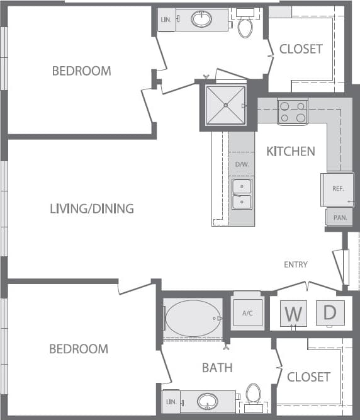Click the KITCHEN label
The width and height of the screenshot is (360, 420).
pyautogui.click(x=290, y=151)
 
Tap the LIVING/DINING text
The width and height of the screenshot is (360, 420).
pyautogui.click(x=92, y=208)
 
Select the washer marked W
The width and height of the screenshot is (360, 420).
pyautogui.click(x=293, y=313)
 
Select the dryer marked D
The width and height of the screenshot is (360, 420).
pyautogui.click(x=330, y=312)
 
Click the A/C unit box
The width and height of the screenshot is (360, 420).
pyautogui.click(x=247, y=312)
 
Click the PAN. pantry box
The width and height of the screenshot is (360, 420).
pyautogui.click(x=339, y=217)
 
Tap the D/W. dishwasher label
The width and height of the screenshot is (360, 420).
pyautogui.click(x=242, y=165)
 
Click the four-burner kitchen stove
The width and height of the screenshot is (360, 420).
pyautogui.click(x=292, y=111)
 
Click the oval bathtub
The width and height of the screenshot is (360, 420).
pyautogui.click(x=193, y=317)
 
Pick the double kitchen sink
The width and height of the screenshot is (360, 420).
pyautogui.click(x=242, y=194)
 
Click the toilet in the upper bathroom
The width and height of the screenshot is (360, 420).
pyautogui.click(x=245, y=26)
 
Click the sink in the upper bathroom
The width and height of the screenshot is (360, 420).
pyautogui.click(x=201, y=20)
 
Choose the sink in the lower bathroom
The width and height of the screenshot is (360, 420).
pyautogui.click(x=207, y=400)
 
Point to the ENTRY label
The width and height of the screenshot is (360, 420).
pyautogui.click(x=295, y=264)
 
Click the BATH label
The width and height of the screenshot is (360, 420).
pyautogui.click(x=218, y=367)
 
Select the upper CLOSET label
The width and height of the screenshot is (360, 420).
pyautogui.click(x=301, y=48)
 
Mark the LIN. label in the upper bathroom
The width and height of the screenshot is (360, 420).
pyautogui.click(x=167, y=20)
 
